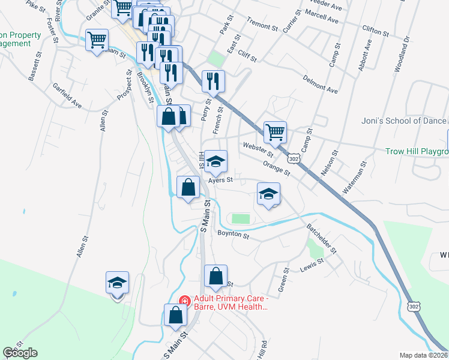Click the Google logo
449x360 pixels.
tap(20, 353)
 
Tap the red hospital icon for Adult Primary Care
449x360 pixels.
tap(185, 301)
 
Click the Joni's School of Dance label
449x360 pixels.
tap(404, 121)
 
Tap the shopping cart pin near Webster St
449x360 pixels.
tap(275, 132)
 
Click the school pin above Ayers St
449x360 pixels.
tap(215, 161)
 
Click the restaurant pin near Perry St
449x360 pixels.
tap(213, 81)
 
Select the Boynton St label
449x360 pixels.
tap(233, 235)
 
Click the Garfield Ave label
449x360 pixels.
tap(66, 95)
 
